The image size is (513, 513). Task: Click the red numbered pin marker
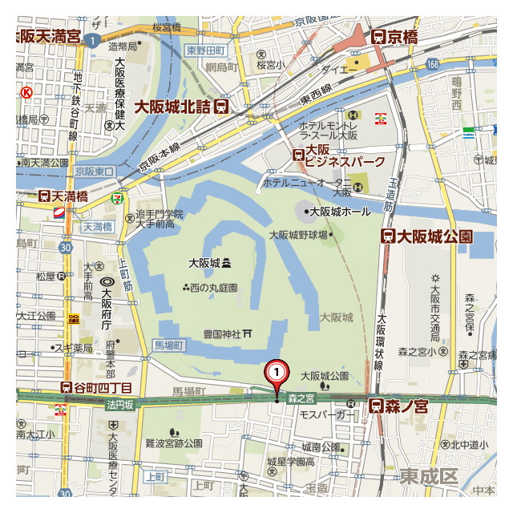(277, 373)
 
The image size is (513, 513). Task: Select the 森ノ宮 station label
(398, 406)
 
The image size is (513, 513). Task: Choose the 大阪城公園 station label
(426, 236)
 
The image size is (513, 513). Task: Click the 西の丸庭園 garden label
(210, 288)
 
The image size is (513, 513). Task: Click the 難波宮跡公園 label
(173, 442)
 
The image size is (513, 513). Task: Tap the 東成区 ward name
(429, 476)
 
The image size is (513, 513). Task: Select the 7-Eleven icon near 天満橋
(118, 195)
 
